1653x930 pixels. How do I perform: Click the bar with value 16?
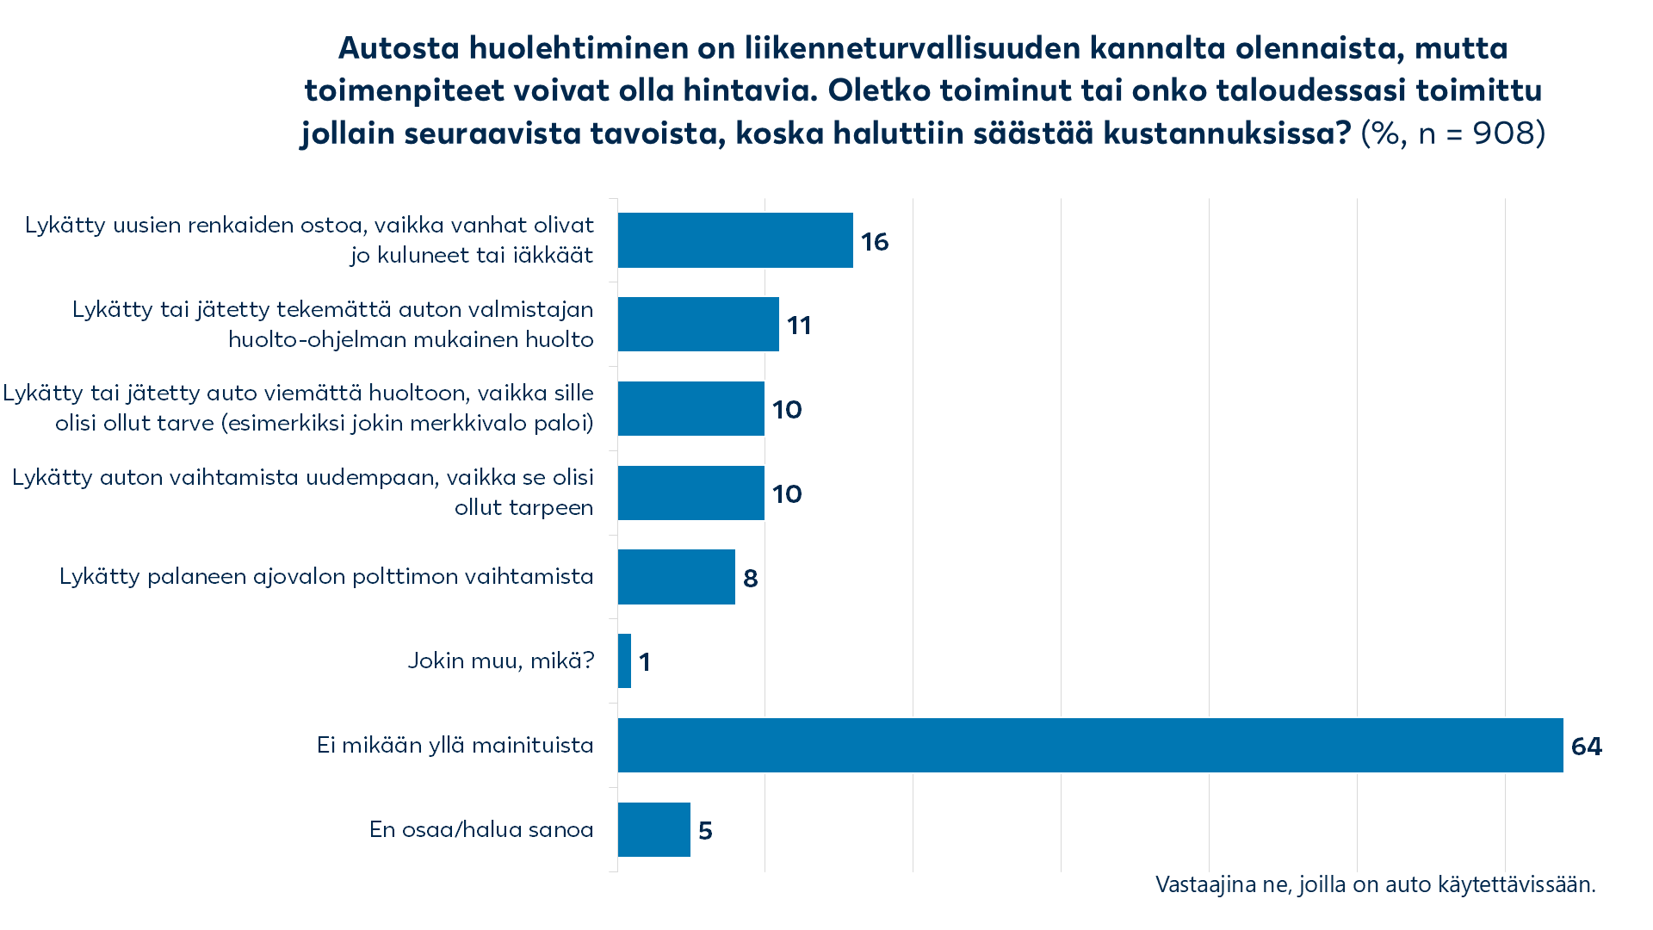coord(735,240)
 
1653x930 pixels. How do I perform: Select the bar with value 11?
coord(698,325)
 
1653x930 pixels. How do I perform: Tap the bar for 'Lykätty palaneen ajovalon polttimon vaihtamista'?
coord(677,577)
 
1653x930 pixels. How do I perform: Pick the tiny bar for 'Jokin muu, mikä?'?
coord(624,661)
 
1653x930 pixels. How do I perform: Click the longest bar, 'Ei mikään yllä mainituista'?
coord(1090,746)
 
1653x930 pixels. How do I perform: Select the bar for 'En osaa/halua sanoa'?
coord(654,830)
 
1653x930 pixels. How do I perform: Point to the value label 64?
coord(1586,747)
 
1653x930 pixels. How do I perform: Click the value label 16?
coord(875,242)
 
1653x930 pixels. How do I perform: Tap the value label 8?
coord(751,579)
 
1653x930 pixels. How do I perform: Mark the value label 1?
coord(645,662)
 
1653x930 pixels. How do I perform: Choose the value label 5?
coord(705,831)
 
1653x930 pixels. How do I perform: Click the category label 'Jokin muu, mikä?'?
coord(501,660)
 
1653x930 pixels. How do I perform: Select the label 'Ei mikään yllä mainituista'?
coord(455,745)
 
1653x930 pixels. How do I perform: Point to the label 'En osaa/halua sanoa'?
coord(481,829)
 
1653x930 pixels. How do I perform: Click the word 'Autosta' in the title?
coord(399,48)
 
